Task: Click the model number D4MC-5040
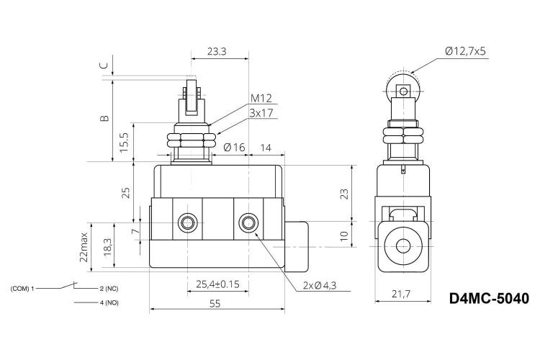(x=489, y=298)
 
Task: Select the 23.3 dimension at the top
(x=217, y=52)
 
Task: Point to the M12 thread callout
(x=261, y=99)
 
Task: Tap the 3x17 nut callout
(x=261, y=113)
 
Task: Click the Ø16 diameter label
(x=234, y=148)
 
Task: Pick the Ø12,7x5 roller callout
(x=465, y=51)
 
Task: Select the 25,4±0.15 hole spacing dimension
(x=217, y=284)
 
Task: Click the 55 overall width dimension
(x=215, y=304)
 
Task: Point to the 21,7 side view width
(x=401, y=294)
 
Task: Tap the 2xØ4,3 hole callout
(x=320, y=286)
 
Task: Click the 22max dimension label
(x=84, y=247)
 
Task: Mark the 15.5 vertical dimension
(x=124, y=143)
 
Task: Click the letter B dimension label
(x=104, y=118)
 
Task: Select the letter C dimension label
(x=104, y=66)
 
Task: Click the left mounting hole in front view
(x=188, y=223)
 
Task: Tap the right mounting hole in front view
(x=248, y=223)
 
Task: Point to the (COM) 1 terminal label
(x=22, y=289)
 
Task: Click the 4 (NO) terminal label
(x=109, y=303)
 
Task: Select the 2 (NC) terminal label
(x=109, y=289)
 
